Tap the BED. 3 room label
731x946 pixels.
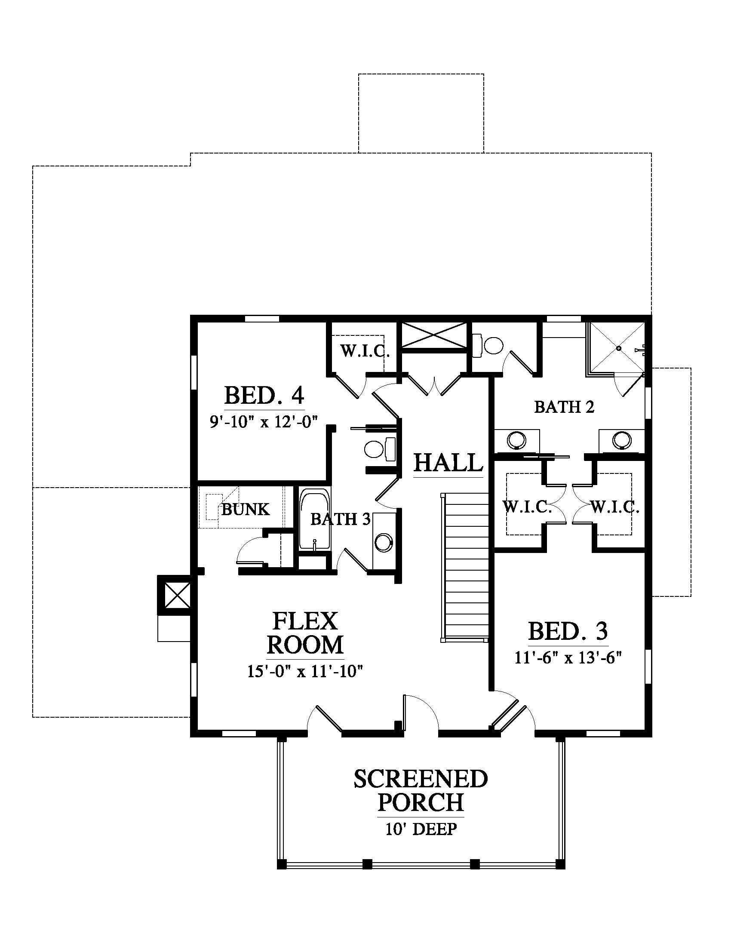coord(568,631)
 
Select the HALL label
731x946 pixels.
coord(448,462)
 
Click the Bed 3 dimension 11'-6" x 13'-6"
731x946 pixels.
coord(568,657)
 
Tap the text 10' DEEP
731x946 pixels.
coord(421,829)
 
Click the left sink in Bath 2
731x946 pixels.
coord(516,439)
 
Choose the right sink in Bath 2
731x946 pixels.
coord(622,439)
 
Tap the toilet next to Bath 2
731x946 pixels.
coord(487,345)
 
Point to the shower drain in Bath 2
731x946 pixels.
coord(619,348)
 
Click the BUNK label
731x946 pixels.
coord(246,509)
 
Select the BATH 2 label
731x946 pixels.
coord(564,407)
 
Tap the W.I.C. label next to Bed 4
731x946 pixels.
coord(365,350)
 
